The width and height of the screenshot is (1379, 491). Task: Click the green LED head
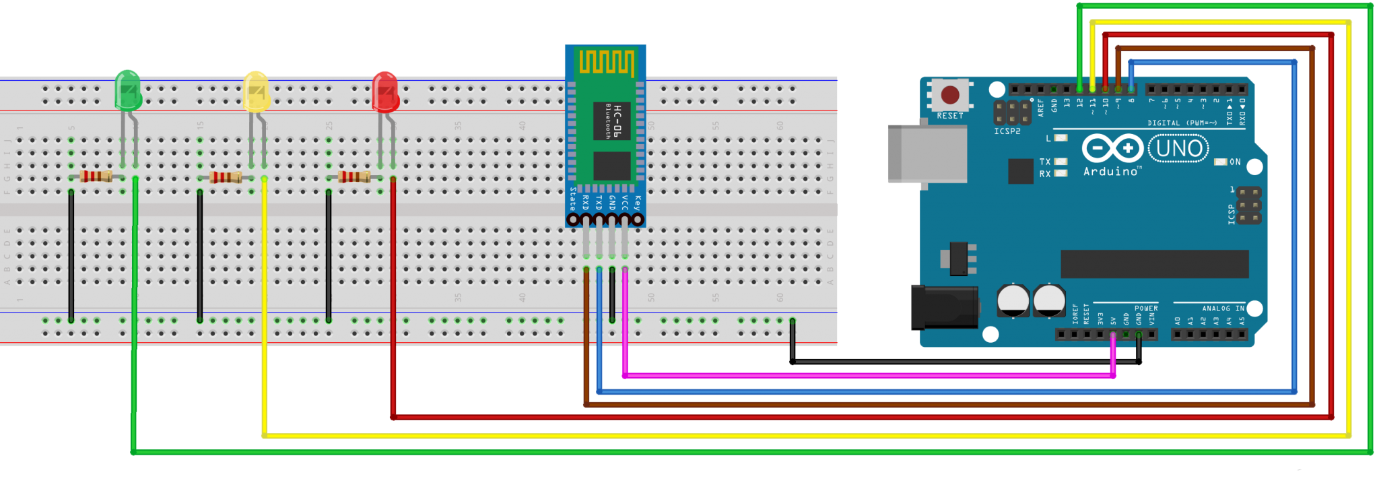(128, 90)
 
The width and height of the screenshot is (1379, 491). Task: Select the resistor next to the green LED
(96, 176)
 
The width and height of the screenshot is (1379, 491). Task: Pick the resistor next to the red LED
(354, 177)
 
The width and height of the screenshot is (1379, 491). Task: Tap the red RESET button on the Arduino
(950, 94)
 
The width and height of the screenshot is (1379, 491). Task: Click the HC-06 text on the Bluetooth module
(617, 121)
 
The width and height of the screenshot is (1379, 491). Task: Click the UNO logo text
(1178, 148)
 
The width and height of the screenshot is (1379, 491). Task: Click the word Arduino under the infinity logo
(1110, 172)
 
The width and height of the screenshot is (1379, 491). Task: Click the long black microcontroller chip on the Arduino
(1154, 263)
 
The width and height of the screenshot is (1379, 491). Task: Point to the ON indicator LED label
(1235, 162)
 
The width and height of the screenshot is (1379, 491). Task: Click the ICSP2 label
(1007, 131)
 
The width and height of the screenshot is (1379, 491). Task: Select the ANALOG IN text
(1223, 308)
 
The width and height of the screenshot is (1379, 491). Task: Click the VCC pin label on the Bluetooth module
(625, 203)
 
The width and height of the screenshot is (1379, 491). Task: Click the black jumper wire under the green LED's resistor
(71, 256)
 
